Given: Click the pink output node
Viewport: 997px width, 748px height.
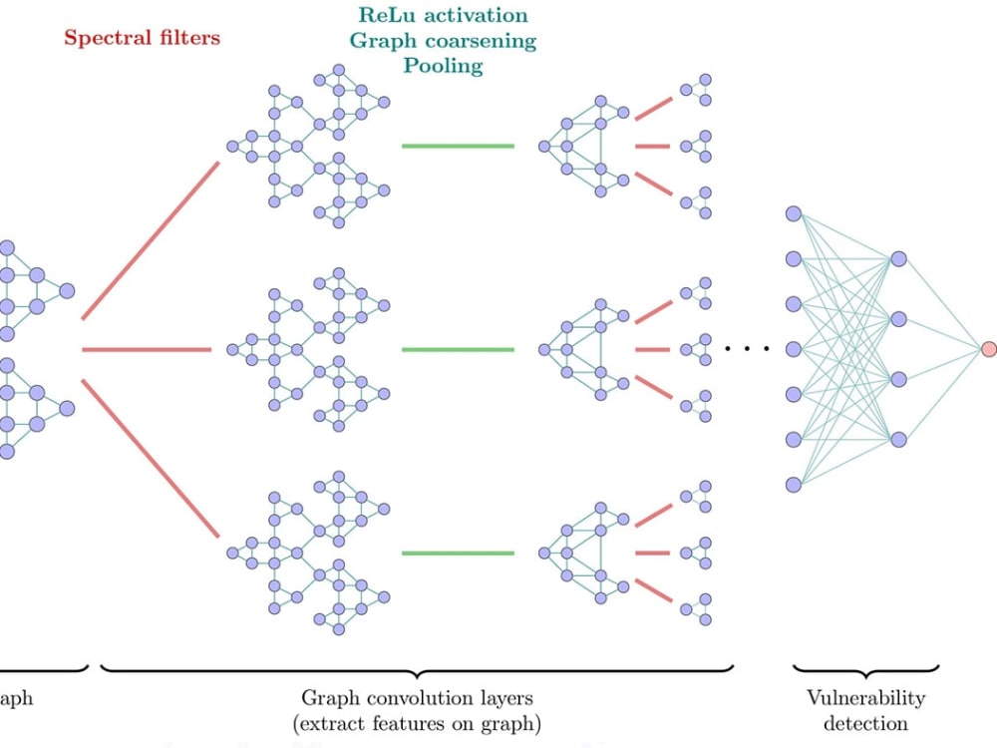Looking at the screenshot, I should coord(988,349).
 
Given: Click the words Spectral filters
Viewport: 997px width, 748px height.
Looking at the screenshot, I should coord(142,39).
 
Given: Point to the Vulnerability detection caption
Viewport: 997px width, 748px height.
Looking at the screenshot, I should coord(864,710).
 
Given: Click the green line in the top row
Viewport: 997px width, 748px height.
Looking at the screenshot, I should coord(458,147).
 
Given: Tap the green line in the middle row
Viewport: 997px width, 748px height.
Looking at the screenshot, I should coord(458,350).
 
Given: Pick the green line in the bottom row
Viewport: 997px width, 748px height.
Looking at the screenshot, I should coord(458,554).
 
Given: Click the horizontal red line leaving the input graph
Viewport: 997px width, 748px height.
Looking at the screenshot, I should coord(147,350).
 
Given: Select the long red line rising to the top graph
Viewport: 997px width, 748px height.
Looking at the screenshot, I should coord(150,239).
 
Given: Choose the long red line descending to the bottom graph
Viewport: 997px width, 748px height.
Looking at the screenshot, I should coord(150,459).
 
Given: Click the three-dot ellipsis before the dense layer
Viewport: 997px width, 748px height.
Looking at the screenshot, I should coord(747,349).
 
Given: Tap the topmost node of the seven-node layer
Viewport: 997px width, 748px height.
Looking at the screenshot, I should coord(794,213).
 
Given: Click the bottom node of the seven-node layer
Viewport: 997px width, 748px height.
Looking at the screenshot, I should coord(794,485).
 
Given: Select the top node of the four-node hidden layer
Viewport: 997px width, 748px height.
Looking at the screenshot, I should coord(898,258).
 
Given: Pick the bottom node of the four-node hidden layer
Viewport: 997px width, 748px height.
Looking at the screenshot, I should coord(898,439).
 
